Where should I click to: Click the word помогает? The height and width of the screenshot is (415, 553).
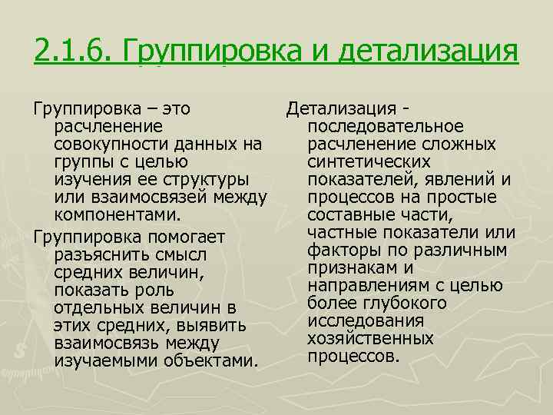tap(177, 234)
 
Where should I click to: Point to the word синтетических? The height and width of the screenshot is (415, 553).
tap(368, 161)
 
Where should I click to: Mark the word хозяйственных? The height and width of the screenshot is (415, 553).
tap(369, 338)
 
